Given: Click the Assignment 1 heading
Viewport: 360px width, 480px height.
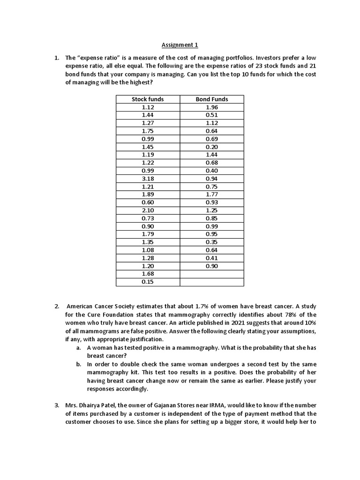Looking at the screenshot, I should tap(180, 45).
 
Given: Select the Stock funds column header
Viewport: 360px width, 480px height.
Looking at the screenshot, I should tap(148, 99).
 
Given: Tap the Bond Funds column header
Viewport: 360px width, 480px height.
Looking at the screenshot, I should tap(212, 99).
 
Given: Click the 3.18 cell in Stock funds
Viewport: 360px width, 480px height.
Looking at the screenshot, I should tap(148, 179).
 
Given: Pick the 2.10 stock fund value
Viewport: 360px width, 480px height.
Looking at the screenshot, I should tap(148, 210).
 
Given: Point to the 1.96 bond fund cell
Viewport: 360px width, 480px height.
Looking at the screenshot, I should tap(212, 107).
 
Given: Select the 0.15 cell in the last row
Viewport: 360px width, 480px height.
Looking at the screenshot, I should tap(148, 282).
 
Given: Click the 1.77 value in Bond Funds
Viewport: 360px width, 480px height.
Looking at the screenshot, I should tap(212, 195).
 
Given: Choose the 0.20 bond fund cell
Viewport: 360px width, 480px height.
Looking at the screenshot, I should tap(212, 147).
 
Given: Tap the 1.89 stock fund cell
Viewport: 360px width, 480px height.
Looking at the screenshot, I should tap(148, 195).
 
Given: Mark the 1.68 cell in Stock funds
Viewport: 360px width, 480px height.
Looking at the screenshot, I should tap(148, 274).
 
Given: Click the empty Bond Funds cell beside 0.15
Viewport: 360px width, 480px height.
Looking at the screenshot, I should tap(212, 282).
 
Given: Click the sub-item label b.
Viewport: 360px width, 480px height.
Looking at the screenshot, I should tap(78, 364).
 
